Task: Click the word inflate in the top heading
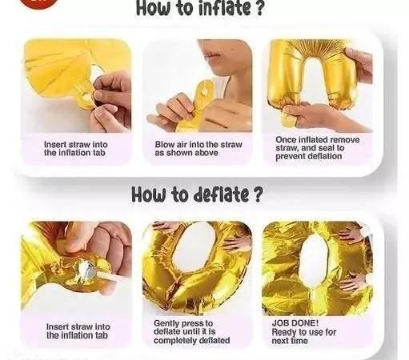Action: pos(224,8)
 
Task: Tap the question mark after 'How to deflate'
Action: pos(257,194)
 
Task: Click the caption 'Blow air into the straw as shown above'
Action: pos(198,149)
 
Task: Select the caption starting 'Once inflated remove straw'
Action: pos(318,148)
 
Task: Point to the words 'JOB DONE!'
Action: pos(295,323)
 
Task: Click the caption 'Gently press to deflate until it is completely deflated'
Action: pos(191,332)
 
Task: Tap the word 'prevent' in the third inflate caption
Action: pos(290,156)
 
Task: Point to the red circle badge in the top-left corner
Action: pos(38,2)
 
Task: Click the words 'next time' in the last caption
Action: pos(290,341)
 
